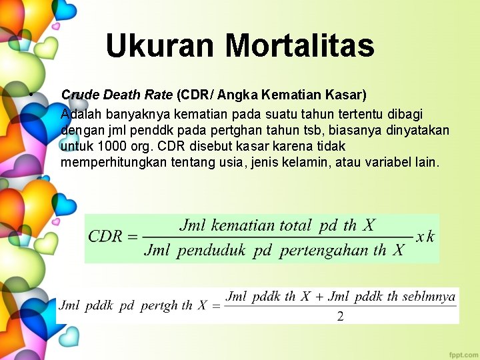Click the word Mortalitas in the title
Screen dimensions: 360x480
(300, 46)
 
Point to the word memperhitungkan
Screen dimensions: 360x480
(113, 162)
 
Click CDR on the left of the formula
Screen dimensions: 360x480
(105, 237)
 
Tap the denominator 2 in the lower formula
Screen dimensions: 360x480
(340, 317)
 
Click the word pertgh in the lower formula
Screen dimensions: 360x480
(159, 306)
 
